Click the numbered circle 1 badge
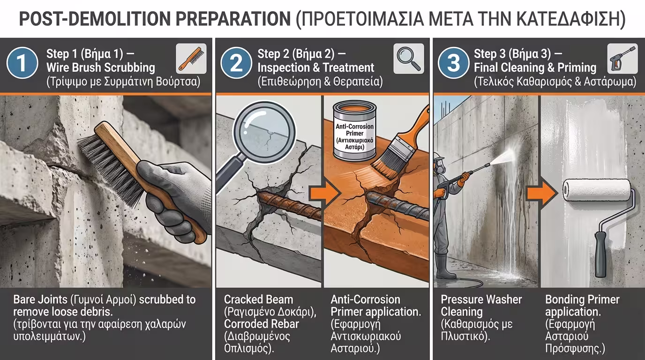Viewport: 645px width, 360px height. pos(22,63)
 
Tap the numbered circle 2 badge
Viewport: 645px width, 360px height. pos(236,63)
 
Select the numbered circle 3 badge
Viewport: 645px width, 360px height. pos(454,63)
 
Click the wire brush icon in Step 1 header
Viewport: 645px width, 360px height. pos(191,59)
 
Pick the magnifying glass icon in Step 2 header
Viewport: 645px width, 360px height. pos(409,59)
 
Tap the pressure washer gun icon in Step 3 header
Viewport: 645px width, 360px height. pos(622,59)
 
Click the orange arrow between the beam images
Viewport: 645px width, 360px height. pos(325,194)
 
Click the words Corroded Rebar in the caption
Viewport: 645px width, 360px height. pos(262,324)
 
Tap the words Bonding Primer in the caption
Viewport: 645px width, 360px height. pos(582,300)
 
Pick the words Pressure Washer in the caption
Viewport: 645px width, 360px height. pos(481,300)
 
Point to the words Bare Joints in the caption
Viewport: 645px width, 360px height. pos(40,300)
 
